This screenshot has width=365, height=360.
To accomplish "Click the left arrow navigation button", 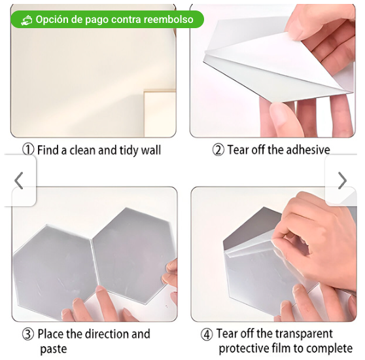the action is click(19, 181).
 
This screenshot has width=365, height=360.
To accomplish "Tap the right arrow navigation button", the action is click(342, 181).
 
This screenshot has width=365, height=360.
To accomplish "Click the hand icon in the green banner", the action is click(27, 20).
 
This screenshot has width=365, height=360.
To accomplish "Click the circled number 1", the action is click(28, 149).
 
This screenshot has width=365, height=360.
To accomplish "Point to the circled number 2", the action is click(218, 150).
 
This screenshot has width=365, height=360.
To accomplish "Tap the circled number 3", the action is click(28, 334).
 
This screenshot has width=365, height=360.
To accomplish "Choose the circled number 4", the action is click(207, 334).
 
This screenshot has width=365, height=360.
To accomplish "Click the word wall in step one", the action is click(151, 150).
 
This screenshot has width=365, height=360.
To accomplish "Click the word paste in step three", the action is click(54, 349).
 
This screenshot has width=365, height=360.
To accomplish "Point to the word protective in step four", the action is click(243, 349).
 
